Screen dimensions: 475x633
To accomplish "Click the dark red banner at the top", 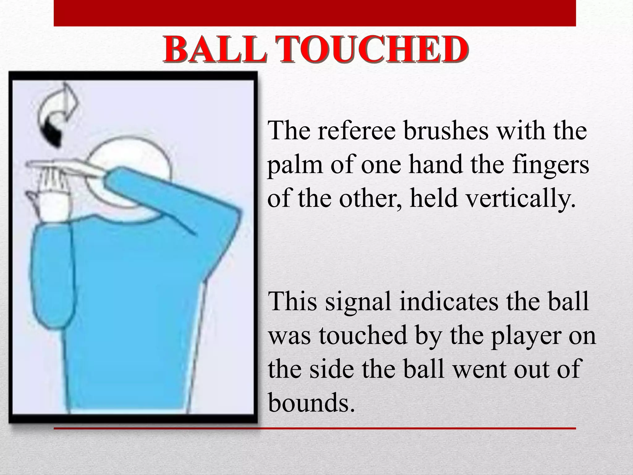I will (x=315, y=13).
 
